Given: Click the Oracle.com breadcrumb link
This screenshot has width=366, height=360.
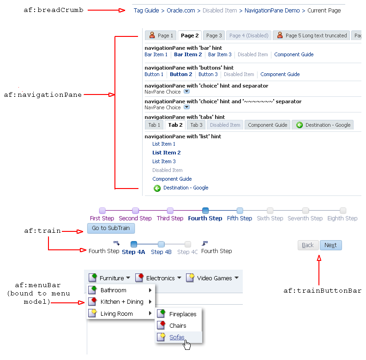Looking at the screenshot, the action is (x=180, y=11).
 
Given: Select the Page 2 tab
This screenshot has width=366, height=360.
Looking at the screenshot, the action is (x=190, y=35).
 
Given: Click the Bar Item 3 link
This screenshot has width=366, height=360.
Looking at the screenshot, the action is (x=220, y=54).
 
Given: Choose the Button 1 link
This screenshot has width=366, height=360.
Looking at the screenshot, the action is (x=154, y=74).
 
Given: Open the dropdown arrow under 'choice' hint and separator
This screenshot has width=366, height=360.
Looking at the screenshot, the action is (x=186, y=91).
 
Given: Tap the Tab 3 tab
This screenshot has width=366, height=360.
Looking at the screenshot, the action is (x=196, y=125).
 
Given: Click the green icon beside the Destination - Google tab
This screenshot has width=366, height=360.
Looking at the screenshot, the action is (x=300, y=125).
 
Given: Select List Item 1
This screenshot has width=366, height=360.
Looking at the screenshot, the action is (x=164, y=144).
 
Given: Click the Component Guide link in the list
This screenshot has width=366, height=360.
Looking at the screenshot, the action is (x=172, y=179).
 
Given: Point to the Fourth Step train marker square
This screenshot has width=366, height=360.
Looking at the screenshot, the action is (x=205, y=211).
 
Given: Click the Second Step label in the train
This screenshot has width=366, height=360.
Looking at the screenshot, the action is (x=135, y=218).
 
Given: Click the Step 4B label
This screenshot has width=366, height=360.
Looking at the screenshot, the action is (x=161, y=252).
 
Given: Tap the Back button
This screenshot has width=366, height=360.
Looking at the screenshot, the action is (x=308, y=245).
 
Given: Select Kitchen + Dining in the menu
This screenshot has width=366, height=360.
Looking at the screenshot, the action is (x=122, y=302).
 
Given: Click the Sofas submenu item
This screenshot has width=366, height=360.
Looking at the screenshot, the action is (x=177, y=337).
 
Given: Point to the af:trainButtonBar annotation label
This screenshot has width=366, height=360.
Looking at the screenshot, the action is (x=322, y=290).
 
